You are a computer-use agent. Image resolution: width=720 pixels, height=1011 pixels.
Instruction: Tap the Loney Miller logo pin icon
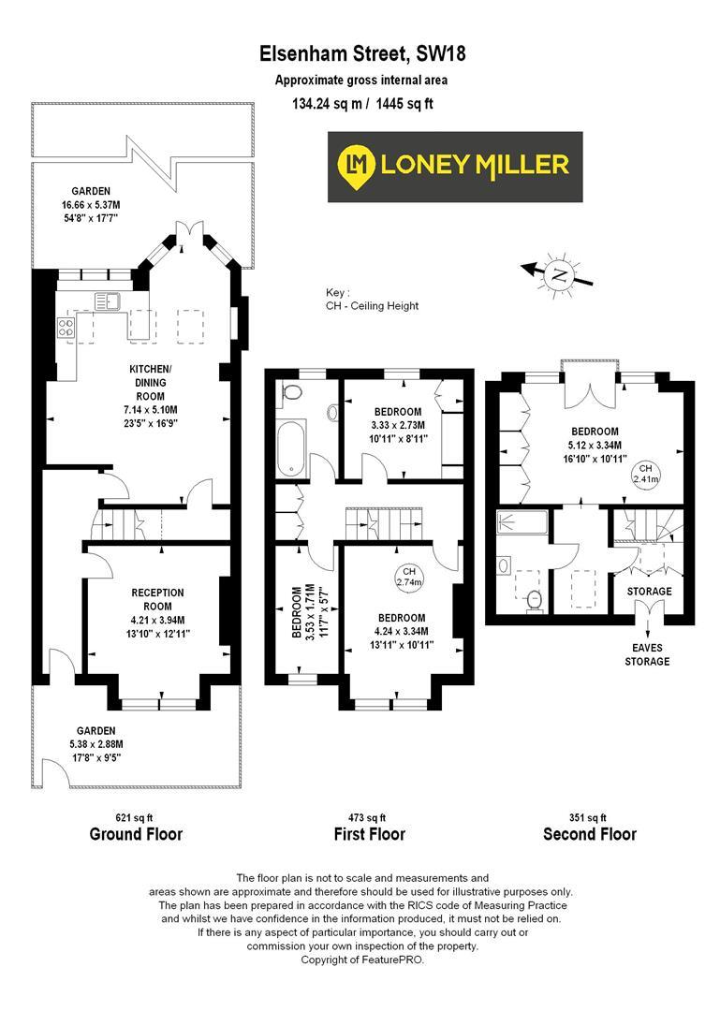[x=356, y=166]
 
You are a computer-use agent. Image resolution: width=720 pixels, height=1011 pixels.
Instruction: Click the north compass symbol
[x=559, y=273]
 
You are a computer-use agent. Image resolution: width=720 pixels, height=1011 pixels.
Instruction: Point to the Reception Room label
[x=157, y=599]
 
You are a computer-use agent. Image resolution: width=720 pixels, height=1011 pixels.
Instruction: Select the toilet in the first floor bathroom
[x=291, y=392]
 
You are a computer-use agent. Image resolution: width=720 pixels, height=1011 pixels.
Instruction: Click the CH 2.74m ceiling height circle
[x=409, y=577]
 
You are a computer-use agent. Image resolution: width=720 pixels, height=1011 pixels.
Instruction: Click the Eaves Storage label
[x=647, y=655]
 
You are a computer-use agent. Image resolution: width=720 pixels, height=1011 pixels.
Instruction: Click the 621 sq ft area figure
[x=135, y=816]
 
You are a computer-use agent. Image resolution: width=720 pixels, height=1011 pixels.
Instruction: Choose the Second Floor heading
[x=589, y=834]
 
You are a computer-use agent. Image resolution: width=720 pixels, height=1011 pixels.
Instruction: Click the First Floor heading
[x=369, y=834]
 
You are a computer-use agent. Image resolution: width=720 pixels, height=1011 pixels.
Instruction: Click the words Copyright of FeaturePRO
[x=360, y=960]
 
